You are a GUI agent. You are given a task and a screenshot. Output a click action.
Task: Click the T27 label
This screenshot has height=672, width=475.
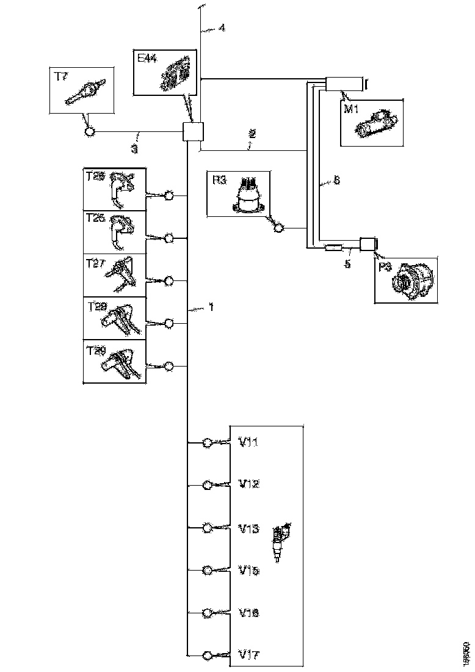96,263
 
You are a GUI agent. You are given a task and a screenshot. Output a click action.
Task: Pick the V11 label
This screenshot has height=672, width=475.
248,442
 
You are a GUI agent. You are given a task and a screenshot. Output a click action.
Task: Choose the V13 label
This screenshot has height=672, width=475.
248,528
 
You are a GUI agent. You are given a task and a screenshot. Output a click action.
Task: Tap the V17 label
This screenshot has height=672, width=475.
248,655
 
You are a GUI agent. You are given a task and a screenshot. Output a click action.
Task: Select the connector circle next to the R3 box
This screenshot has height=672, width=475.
278,228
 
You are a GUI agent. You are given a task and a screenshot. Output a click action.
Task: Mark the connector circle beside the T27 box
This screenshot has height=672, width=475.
169,280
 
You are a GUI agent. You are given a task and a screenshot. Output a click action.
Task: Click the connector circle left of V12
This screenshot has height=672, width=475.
208,485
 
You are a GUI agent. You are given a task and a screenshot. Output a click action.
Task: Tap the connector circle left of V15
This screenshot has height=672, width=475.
208,571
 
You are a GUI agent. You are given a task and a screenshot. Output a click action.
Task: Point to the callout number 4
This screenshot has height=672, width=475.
222,27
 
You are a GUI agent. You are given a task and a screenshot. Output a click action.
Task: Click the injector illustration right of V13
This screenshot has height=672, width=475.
281,540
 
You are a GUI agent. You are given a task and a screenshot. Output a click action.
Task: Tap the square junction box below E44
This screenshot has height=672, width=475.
193,132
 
